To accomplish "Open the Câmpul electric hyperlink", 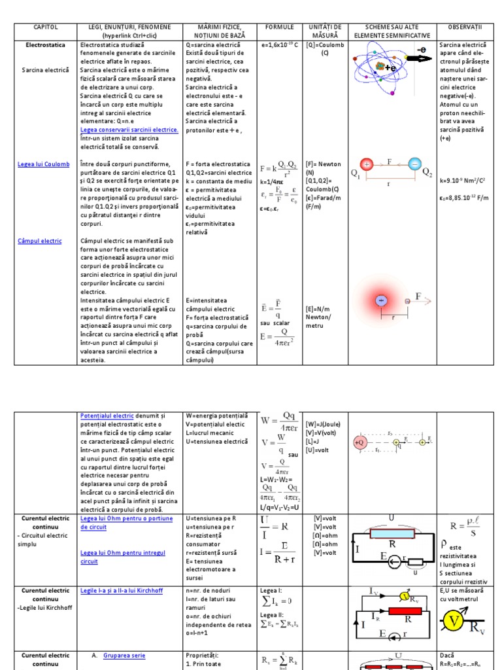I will pyautogui.click(x=40, y=241).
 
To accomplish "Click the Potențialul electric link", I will pyautogui.click(x=107, y=415).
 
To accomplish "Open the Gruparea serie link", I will pyautogui.click(x=124, y=655).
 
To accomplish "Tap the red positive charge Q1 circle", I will pyautogui.click(x=367, y=165).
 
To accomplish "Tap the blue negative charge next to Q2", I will pyautogui.click(x=415, y=165).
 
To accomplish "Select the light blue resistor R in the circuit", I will pyautogui.click(x=392, y=533).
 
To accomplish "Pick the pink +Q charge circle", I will pyautogui.click(x=360, y=442).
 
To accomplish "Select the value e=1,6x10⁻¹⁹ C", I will pyautogui.click(x=280, y=46).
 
